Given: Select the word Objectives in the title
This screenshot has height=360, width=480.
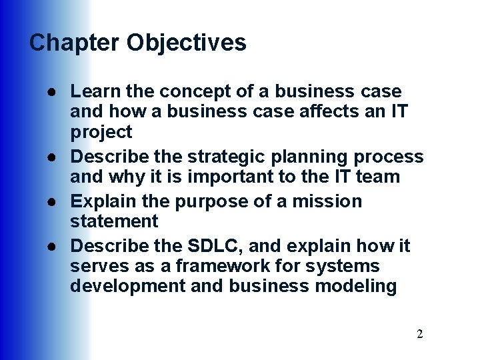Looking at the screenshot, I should tap(186, 43).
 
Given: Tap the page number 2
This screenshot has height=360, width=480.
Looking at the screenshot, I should tap(419, 334).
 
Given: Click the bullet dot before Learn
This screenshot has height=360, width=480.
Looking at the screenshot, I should tap(51, 91).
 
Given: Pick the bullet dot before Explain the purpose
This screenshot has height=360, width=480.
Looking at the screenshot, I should tap(51, 201).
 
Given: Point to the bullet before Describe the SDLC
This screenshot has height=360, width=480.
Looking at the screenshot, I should tap(51, 247).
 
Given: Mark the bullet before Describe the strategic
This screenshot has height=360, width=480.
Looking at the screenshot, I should tap(51, 157).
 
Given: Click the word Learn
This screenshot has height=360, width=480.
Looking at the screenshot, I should tap(90, 91).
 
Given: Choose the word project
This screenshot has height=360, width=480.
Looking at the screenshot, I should tap(101, 132).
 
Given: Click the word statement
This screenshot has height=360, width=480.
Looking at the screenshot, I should tap(114, 221).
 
